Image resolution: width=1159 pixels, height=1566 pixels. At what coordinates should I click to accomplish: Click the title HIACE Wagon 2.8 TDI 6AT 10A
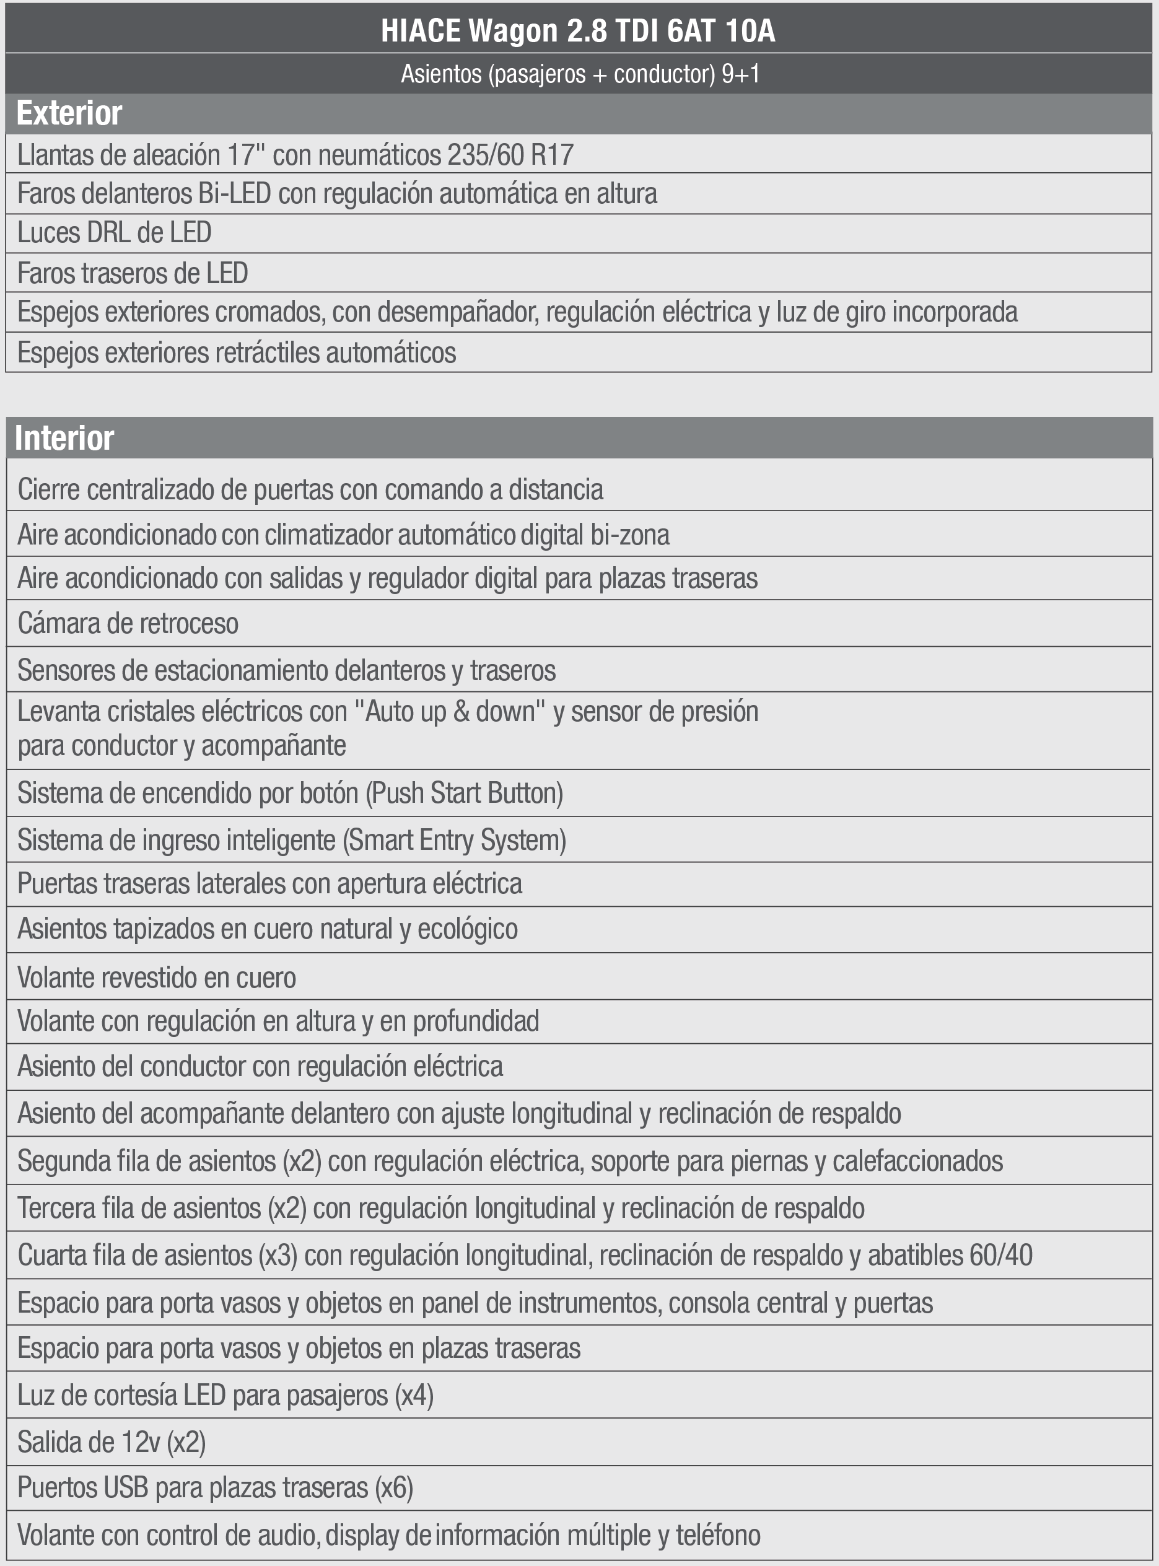(x=578, y=32)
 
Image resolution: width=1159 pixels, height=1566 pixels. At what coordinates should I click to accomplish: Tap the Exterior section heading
(x=69, y=113)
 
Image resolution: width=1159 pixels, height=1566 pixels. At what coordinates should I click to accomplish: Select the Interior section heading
(x=64, y=439)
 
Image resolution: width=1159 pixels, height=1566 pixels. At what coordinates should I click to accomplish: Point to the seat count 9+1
(x=741, y=74)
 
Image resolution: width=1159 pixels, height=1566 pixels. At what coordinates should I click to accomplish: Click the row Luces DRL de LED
(x=115, y=233)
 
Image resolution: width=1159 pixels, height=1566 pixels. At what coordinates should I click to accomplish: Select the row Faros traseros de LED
(x=133, y=274)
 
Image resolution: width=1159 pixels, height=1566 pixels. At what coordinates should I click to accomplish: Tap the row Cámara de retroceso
(x=128, y=623)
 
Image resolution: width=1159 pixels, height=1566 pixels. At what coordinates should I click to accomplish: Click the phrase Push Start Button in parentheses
(x=465, y=794)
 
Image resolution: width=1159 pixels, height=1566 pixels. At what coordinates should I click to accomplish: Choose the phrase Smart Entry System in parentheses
(x=454, y=840)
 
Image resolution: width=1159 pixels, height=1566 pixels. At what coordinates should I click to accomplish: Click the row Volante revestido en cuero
(x=157, y=978)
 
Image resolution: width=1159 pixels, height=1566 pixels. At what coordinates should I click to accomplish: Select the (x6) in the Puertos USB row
(x=393, y=1487)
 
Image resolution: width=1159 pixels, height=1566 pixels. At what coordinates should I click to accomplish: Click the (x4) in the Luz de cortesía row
(x=414, y=1396)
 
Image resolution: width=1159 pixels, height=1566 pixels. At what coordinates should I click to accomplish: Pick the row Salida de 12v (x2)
(x=112, y=1443)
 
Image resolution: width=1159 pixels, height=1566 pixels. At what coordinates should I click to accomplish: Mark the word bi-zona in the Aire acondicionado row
(x=629, y=535)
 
